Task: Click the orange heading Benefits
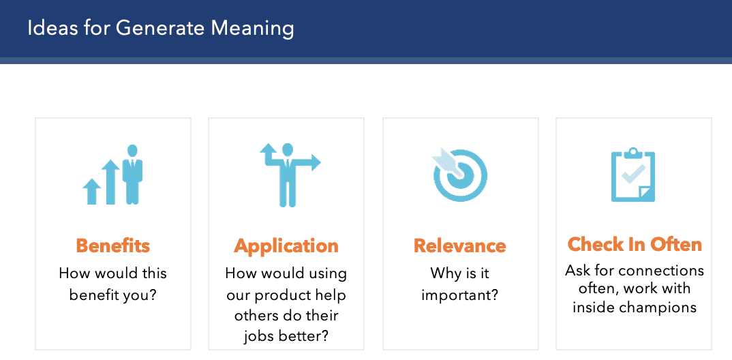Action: point(113,245)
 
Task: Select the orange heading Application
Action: point(286,246)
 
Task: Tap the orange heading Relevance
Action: point(460,245)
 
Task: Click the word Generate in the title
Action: point(160,28)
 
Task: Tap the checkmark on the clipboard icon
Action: point(632,173)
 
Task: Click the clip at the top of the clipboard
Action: point(633,153)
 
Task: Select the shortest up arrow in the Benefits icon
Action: point(91,192)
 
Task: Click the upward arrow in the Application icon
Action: point(269,154)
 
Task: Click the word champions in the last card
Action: point(655,308)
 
